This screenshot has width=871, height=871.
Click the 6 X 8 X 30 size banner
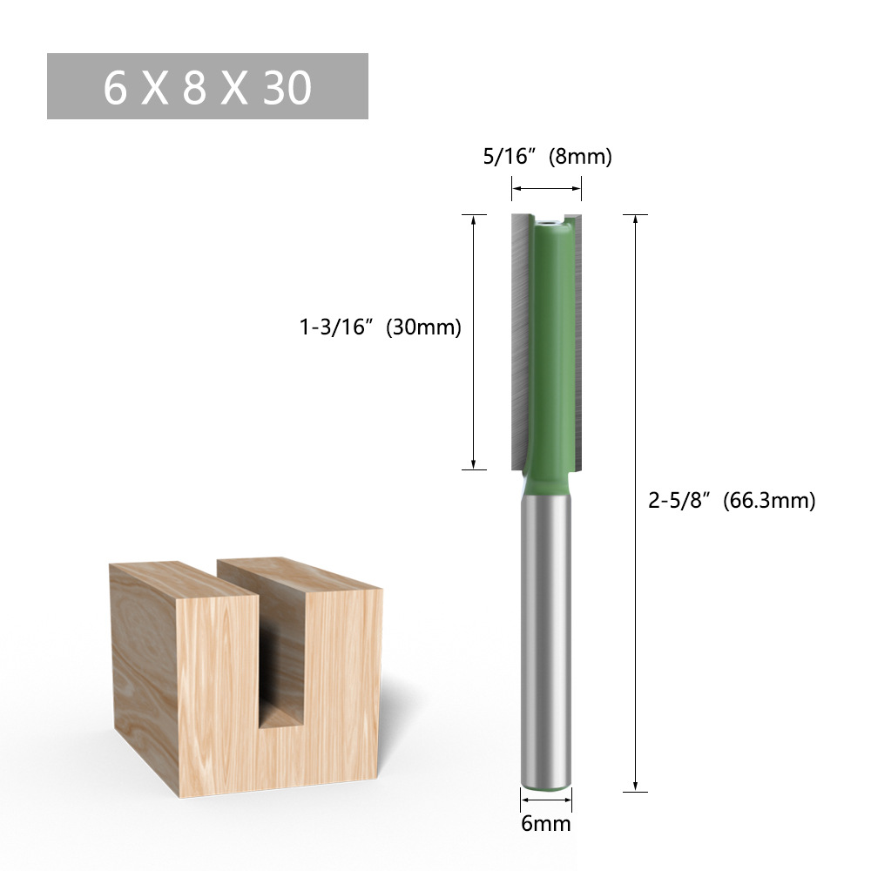(207, 86)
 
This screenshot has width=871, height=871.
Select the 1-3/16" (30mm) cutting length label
(380, 327)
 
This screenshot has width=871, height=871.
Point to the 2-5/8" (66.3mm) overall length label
(732, 501)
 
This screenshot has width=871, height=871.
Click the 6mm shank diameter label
(546, 823)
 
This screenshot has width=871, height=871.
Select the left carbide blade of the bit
(519, 340)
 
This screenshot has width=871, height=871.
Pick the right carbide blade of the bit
(576, 340)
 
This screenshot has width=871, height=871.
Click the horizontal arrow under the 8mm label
(546, 186)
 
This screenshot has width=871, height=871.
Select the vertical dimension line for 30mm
(473, 341)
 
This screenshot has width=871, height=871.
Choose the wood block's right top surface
(300, 576)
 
